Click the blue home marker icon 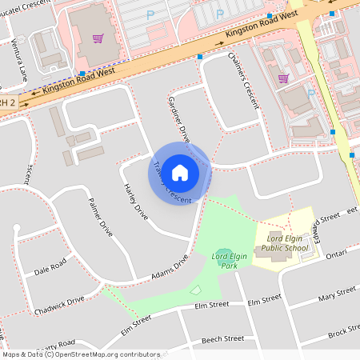click(180, 173)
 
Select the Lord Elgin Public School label click(282, 243)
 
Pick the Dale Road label click(50, 269)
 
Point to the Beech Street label click(222, 339)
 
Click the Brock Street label click(344, 329)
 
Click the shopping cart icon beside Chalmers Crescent click(282, 78)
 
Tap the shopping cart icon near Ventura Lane click(98, 38)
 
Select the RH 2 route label click(7, 102)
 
